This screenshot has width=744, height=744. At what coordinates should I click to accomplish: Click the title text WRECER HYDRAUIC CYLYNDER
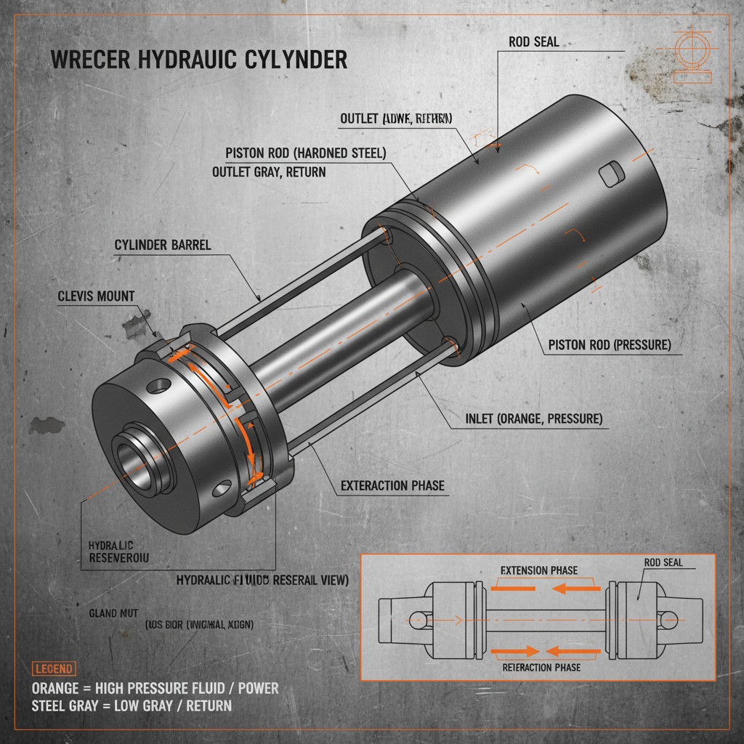coord(198,60)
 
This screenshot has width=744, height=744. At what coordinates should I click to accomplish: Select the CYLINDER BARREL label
coord(163,245)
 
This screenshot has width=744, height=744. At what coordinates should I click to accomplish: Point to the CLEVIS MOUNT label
coord(96,296)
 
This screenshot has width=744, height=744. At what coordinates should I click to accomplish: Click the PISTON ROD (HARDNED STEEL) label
coord(306,153)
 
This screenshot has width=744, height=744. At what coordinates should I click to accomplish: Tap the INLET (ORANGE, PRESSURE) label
coord(533,419)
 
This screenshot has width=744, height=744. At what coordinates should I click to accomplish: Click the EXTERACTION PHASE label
coord(392,485)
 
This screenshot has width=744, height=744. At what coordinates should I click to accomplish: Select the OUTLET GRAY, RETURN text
coord(269,172)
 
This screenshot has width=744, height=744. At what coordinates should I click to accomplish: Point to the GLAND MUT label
coord(113,613)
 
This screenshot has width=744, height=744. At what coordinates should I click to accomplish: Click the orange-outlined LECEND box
coord(53,668)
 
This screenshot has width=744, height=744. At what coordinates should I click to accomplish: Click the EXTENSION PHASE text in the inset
coord(539,570)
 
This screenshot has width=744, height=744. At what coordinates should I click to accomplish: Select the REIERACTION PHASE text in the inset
coord(541,667)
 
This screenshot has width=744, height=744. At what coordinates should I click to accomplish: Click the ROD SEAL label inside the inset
coord(664,562)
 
